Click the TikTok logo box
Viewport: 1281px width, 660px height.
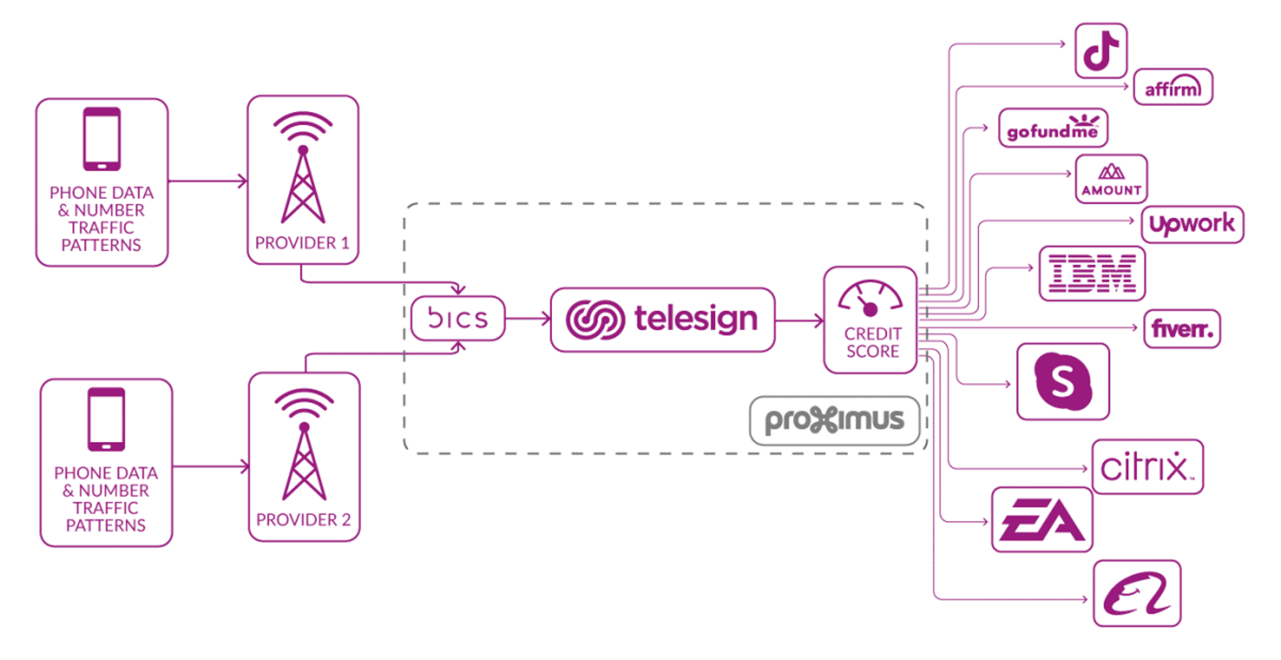click(x=1101, y=51)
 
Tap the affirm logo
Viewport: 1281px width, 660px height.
click(x=1173, y=87)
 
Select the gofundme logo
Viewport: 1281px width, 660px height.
click(x=1053, y=128)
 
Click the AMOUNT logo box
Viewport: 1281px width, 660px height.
click(x=1111, y=179)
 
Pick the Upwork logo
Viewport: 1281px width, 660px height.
click(x=1192, y=224)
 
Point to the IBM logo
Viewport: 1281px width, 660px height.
click(x=1092, y=274)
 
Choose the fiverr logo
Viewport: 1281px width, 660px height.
click(x=1182, y=329)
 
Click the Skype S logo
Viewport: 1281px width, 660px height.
click(x=1063, y=381)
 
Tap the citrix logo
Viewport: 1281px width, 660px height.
click(x=1147, y=466)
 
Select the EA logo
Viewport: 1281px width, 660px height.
click(x=1042, y=520)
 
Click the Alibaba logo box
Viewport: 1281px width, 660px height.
click(x=1137, y=593)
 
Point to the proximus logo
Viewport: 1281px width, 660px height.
click(x=835, y=420)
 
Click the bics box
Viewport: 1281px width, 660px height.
click(x=458, y=318)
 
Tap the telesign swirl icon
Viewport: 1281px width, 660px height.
click(x=595, y=319)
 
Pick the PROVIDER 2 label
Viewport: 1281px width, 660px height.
click(x=304, y=520)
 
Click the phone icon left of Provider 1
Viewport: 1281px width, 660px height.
click(x=102, y=139)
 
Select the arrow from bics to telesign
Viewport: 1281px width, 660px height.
click(x=528, y=318)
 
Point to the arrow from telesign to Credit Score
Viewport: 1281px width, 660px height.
click(x=799, y=320)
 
